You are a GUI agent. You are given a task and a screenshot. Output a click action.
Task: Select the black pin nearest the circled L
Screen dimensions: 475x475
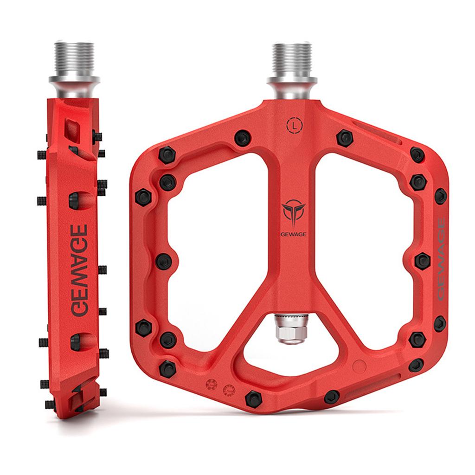point(345,137)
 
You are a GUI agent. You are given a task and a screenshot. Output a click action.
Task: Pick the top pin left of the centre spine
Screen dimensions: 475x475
point(243,137)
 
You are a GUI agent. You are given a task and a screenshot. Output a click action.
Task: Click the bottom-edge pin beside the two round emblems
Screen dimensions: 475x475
point(253,398)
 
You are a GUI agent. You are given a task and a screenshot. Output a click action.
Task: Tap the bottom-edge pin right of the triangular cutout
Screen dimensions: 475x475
point(332,397)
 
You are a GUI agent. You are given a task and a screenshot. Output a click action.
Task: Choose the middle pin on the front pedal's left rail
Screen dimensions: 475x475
point(164,261)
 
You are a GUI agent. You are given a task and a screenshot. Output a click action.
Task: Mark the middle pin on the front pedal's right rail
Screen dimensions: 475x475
point(422,261)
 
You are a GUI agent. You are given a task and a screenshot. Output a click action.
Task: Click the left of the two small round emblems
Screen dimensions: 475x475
point(212,385)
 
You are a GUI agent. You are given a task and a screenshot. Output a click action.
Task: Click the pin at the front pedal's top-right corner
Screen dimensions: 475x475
point(417,154)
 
